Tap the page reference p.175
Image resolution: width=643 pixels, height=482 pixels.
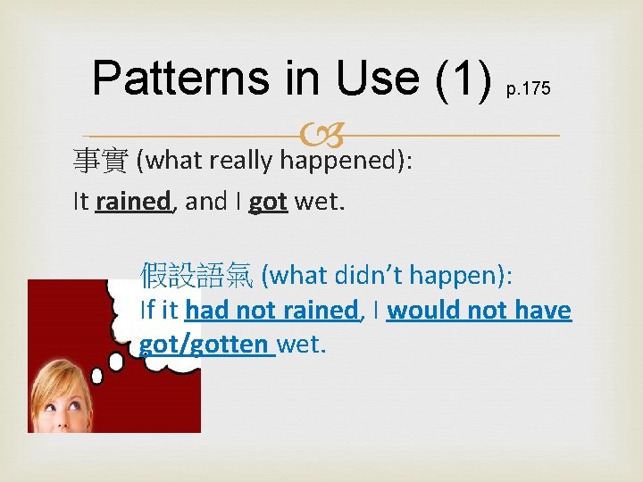coord(529,89)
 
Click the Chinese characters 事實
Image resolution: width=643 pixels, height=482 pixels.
coord(101,161)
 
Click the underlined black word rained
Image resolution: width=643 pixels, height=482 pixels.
coord(145,202)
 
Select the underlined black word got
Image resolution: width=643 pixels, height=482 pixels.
coord(268,202)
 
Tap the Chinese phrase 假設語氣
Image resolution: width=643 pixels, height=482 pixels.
coord(196,276)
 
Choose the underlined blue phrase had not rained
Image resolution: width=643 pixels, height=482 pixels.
coord(271,311)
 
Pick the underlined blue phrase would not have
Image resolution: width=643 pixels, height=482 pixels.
coord(479,311)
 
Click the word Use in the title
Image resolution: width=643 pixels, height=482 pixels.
coord(372,79)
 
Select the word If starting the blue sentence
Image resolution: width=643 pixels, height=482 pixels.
coord(148,311)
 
